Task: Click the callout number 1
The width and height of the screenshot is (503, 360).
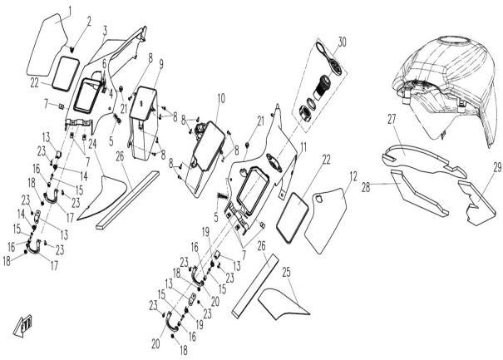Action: click(x=70, y=9)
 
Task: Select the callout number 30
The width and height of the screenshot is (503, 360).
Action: click(x=342, y=41)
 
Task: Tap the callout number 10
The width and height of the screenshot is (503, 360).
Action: click(x=220, y=98)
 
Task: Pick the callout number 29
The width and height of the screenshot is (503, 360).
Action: click(x=497, y=167)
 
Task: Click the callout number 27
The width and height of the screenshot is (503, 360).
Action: click(x=392, y=121)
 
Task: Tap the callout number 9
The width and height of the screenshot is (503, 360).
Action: click(x=160, y=64)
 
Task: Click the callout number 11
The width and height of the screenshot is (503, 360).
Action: click(x=304, y=146)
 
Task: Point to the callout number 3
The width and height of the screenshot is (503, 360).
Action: click(x=105, y=31)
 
